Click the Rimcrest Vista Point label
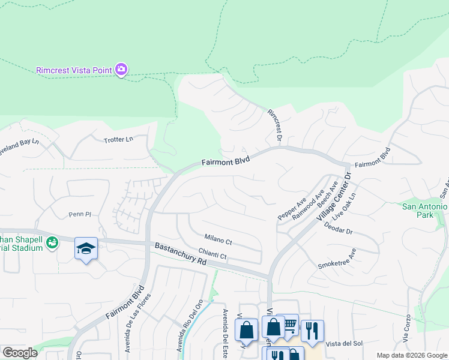pyautogui.click(x=74, y=70)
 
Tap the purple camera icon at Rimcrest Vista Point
pyautogui.click(x=121, y=70)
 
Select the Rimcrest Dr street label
pyautogui.click(x=275, y=124)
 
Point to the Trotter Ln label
pyautogui.click(x=118, y=139)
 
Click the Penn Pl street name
pyautogui.click(x=80, y=214)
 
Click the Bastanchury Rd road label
pyautogui.click(x=180, y=254)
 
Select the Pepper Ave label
pyautogui.click(x=292, y=207)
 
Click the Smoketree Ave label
pyautogui.click(x=337, y=257)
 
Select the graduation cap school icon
pyautogui.click(x=86, y=248)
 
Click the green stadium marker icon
pyautogui.click(x=53, y=242)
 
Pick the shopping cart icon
pyautogui.click(x=290, y=325)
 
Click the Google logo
pyautogui.click(x=20, y=353)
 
